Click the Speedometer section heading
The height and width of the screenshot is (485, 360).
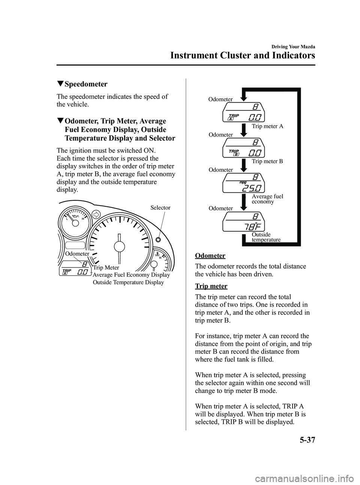85,84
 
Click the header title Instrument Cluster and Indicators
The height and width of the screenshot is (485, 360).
242,56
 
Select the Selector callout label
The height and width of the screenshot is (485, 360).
160,208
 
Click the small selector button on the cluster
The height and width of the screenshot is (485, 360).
158,239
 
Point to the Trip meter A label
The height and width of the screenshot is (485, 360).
267,126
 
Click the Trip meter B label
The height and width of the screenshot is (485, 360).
267,162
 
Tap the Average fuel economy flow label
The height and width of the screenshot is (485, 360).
267,199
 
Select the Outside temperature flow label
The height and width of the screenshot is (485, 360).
266,237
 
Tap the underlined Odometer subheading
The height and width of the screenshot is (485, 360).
210,256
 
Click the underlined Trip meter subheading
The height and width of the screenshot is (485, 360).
211,286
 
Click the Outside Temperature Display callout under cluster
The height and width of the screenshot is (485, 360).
128,282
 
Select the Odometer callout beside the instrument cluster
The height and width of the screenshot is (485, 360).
77,254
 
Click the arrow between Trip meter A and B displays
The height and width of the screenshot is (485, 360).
243,130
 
